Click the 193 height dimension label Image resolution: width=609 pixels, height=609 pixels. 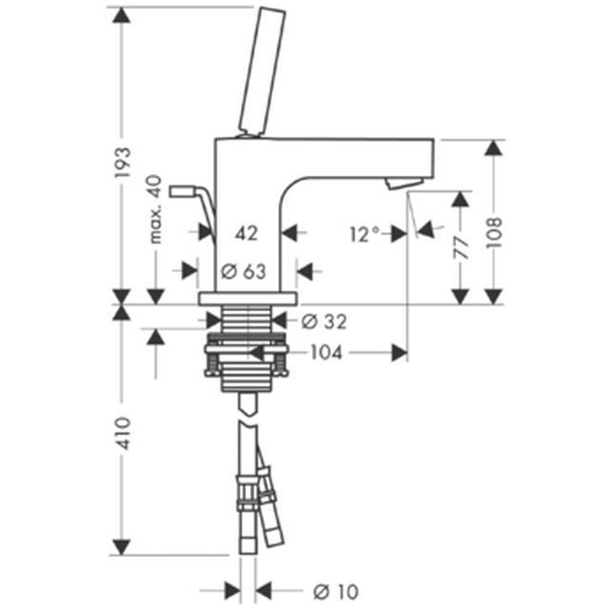point(123,163)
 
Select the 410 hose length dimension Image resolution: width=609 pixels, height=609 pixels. point(123,434)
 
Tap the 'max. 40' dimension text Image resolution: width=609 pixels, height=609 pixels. point(155,209)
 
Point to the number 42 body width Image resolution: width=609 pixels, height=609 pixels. point(246,233)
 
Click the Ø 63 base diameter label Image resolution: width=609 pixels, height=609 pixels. point(244,271)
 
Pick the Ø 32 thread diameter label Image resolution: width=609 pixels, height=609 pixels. point(324,322)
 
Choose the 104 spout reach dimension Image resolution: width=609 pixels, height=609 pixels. point(326,353)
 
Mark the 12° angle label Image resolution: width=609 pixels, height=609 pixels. point(364,234)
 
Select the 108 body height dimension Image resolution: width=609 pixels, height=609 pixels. point(495,232)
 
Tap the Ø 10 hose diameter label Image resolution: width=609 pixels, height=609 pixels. point(336,592)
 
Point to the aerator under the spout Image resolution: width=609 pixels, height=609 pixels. point(403,184)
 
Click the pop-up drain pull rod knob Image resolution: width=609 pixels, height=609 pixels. point(180,191)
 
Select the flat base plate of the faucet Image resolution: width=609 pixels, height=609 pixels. point(247,299)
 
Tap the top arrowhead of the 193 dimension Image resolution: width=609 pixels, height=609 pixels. point(122,15)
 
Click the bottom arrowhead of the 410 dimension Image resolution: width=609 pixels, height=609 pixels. point(122,547)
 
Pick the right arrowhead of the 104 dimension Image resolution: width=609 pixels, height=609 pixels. point(400,353)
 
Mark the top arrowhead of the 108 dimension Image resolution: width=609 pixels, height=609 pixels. point(494,148)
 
